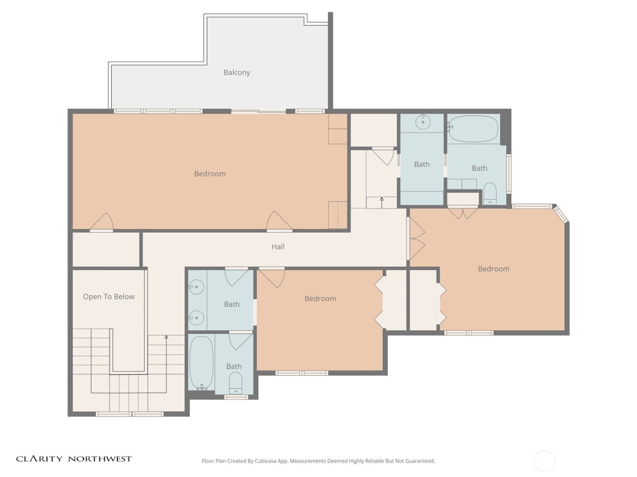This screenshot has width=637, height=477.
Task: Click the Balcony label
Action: [237, 72]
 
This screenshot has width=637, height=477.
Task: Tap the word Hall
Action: [278, 247]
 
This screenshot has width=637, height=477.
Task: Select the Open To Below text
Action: [109, 297]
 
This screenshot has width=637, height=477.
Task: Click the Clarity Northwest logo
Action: [74, 459]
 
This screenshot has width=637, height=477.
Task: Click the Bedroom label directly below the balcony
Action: [210, 174]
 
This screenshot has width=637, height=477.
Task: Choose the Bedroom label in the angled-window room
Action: [493, 268]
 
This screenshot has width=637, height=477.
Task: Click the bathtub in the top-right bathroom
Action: [473, 129]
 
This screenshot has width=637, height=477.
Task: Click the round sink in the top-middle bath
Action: [423, 122]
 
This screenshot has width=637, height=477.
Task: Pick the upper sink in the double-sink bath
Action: [197, 287]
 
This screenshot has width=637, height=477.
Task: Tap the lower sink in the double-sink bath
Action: [197, 318]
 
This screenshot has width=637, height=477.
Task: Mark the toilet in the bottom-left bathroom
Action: [235, 383]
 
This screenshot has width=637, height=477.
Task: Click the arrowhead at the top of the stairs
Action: [167, 337]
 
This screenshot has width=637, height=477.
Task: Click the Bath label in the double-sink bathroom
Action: [232, 304]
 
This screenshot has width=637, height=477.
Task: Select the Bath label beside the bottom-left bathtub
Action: [234, 366]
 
